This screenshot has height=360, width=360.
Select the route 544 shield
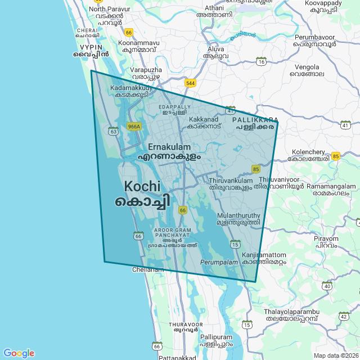(x=190, y=83)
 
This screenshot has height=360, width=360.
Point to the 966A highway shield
(x=133, y=127)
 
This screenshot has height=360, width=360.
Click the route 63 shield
(x=114, y=131)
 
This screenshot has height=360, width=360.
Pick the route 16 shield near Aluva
(x=261, y=61)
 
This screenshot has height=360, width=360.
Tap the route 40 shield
(x=327, y=286)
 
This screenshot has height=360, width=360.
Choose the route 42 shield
(x=344, y=317)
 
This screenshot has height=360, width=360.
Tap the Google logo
(x=19, y=353)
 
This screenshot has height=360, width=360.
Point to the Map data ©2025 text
(x=335, y=355)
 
